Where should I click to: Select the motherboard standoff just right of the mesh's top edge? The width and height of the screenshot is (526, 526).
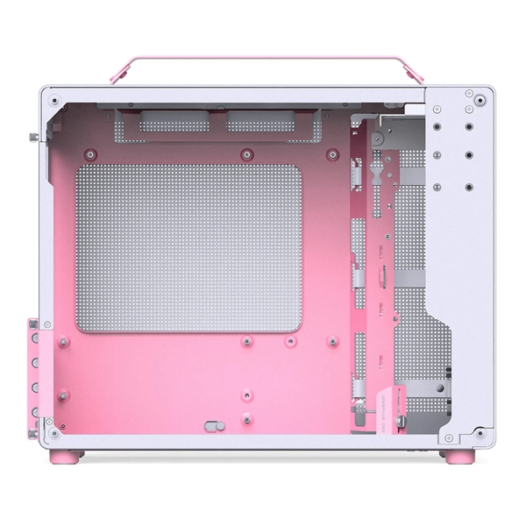(x=331, y=155)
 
